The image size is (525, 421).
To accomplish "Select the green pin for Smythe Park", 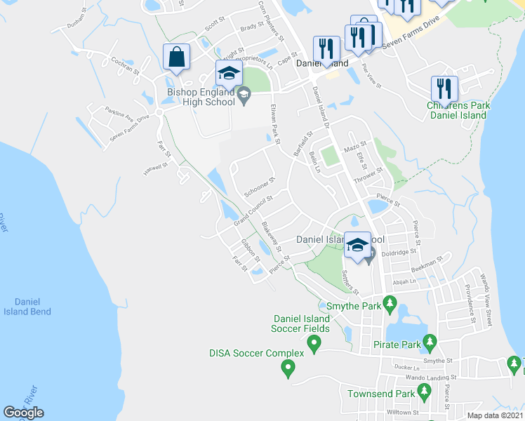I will [392, 306].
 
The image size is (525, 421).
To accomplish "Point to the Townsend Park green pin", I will [423, 390].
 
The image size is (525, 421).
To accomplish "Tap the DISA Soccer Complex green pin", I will [287, 366].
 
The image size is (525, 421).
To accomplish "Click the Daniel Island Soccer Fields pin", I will [314, 344].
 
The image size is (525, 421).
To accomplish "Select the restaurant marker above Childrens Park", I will [444, 88].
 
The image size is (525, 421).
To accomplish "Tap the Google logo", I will [23, 413].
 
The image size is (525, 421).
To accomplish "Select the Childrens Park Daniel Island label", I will [458, 110].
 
